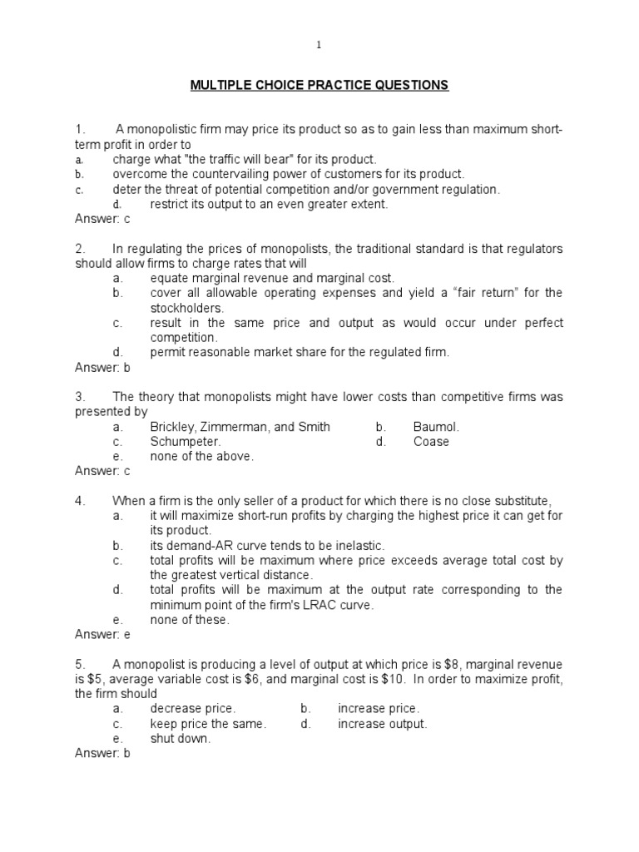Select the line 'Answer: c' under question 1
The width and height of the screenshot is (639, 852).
[x=102, y=219]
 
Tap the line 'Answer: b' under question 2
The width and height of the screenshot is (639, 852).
[x=102, y=367]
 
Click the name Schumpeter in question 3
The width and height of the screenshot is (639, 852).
[x=186, y=442]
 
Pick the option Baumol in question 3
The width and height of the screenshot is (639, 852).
[x=436, y=427]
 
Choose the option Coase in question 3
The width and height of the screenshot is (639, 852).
[x=431, y=442]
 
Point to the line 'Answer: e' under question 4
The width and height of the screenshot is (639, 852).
[x=102, y=634]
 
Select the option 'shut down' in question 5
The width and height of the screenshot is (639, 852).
[x=180, y=738]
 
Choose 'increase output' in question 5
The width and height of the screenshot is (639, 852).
[x=382, y=724]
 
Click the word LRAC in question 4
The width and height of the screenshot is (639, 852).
[x=312, y=605]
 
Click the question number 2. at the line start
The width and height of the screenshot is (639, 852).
[x=81, y=249]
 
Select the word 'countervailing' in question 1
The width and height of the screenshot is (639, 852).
[x=239, y=174]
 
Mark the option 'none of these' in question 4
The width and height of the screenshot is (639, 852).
[x=189, y=619]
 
